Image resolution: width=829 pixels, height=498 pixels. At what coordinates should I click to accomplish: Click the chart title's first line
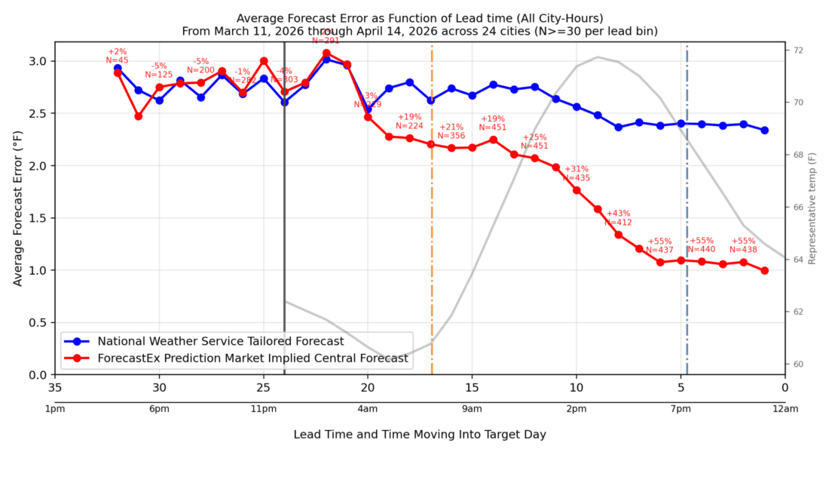(419, 18)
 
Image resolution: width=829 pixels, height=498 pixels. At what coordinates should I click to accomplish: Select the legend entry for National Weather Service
(221, 341)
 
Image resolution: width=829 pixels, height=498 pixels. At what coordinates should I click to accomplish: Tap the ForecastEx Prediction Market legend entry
(252, 358)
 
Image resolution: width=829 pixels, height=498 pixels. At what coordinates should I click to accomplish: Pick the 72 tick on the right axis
(794, 50)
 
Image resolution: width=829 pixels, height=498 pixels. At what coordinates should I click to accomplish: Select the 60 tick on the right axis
(794, 364)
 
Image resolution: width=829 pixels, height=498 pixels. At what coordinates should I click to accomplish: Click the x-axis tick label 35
(54, 388)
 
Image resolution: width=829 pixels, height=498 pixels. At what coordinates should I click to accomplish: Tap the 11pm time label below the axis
(263, 409)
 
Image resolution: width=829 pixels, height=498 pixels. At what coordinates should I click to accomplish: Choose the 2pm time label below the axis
(577, 409)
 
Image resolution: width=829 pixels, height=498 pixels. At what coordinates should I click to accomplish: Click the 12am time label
(785, 409)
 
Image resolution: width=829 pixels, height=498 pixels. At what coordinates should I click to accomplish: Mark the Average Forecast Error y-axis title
(17, 206)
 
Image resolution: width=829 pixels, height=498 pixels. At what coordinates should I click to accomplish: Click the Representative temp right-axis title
(812, 207)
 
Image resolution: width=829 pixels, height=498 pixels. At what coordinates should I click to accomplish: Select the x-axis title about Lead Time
(420, 435)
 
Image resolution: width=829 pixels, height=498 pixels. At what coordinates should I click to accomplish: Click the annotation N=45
(117, 60)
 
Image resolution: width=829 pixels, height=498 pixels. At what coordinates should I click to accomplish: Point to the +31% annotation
(577, 169)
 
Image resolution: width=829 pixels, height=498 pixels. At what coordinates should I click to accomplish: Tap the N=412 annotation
(619, 223)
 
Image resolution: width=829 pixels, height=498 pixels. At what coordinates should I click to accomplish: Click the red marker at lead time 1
(764, 270)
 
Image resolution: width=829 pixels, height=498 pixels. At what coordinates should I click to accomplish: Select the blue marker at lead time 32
(118, 68)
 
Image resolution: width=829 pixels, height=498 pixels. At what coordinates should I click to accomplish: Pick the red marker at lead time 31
(139, 116)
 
